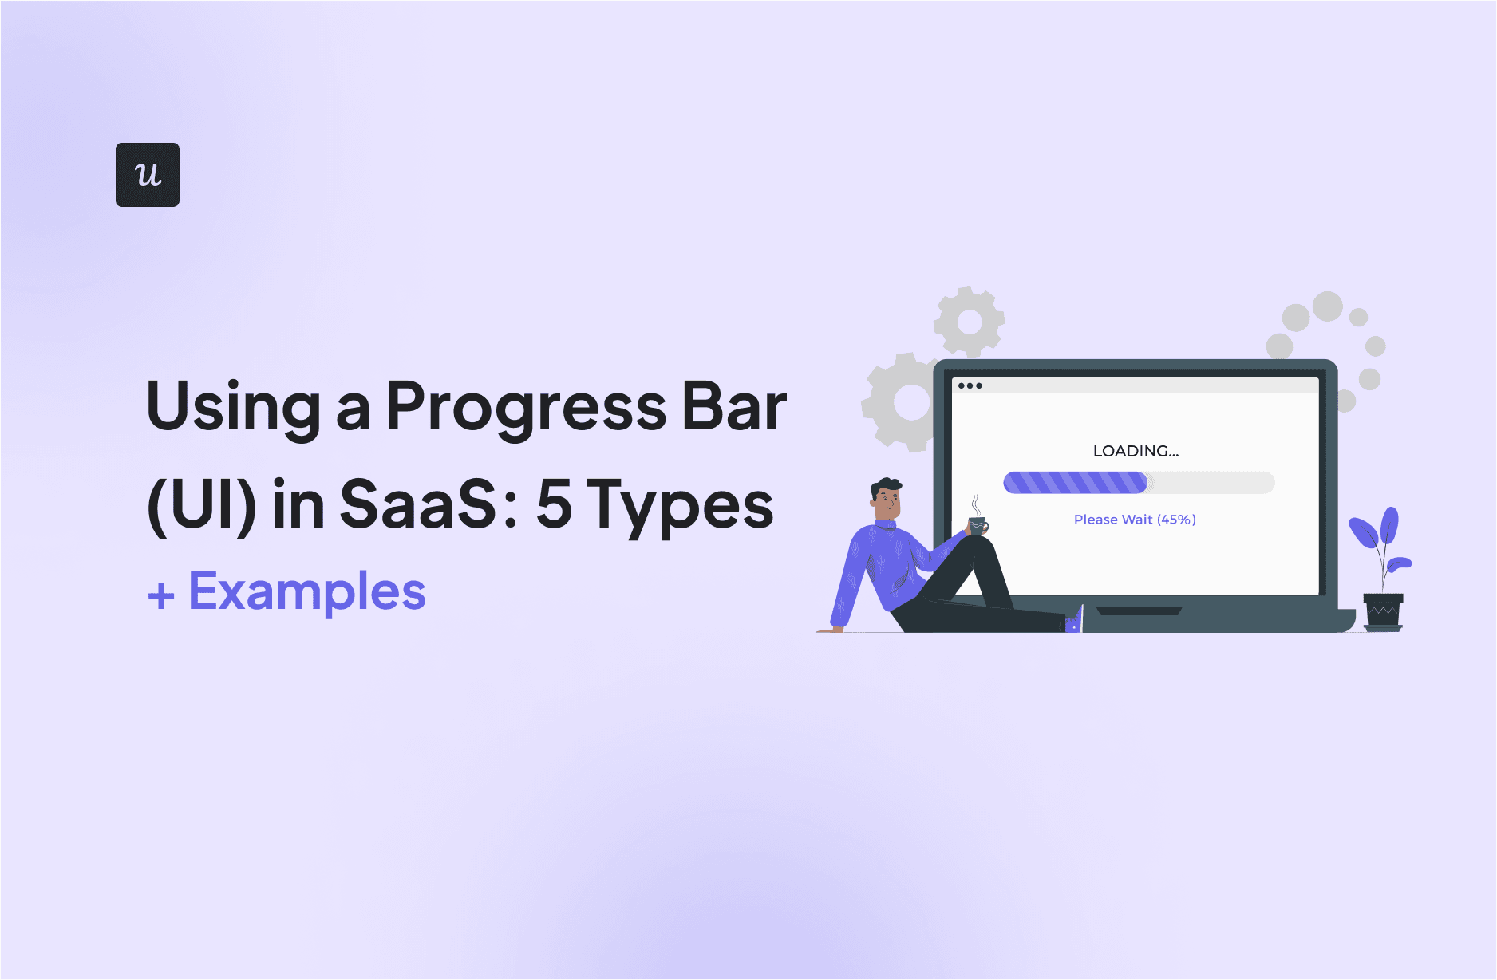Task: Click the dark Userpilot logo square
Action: click(x=148, y=175)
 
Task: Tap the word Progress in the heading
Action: click(x=526, y=407)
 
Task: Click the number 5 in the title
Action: click(x=554, y=504)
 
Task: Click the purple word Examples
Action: click(x=307, y=592)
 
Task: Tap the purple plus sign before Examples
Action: click(x=161, y=595)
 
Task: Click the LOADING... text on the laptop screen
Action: click(x=1135, y=451)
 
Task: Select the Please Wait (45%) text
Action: click(x=1135, y=520)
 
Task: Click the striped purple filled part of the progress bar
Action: click(x=1074, y=482)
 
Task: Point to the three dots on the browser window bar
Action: click(x=970, y=385)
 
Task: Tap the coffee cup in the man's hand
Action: click(x=978, y=525)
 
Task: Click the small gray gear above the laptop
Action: click(x=969, y=322)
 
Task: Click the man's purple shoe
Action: click(x=1074, y=621)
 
